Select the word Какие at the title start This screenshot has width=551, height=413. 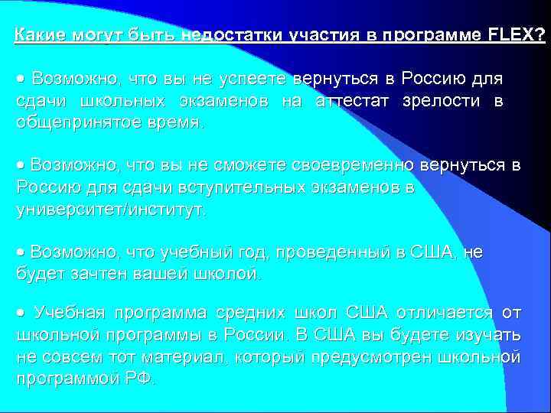[40, 35]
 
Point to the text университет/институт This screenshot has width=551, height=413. [110, 210]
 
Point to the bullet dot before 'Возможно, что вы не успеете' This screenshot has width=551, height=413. [21, 80]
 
